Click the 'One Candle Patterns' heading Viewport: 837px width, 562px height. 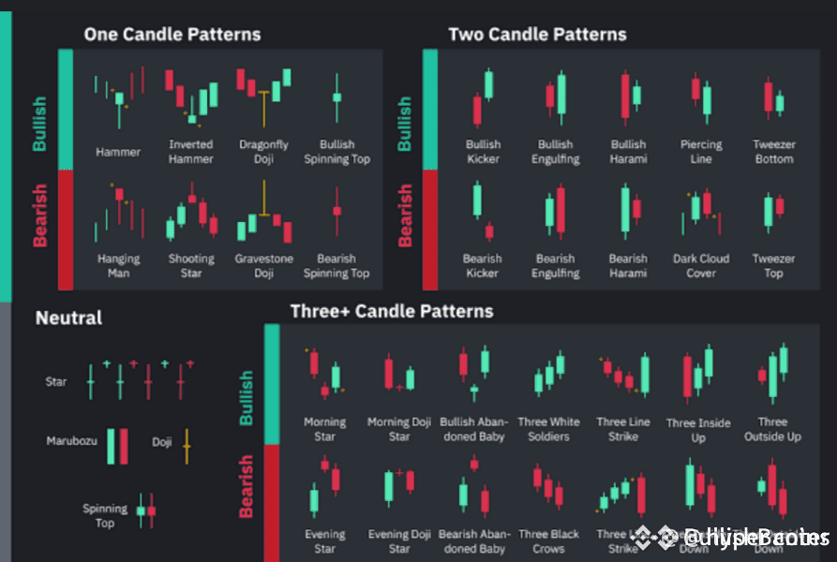(x=172, y=35)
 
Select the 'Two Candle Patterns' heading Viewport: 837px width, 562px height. (x=537, y=35)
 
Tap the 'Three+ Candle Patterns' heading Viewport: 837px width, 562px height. (x=392, y=310)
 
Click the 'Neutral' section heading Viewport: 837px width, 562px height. (x=68, y=318)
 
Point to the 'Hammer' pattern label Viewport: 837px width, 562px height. (x=118, y=152)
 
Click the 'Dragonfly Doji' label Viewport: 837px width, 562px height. (x=263, y=152)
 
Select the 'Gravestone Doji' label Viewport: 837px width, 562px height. (x=263, y=266)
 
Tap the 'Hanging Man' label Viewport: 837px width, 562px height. (x=118, y=266)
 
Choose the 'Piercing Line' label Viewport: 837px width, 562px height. (x=701, y=152)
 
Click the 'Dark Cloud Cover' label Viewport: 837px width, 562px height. (x=701, y=266)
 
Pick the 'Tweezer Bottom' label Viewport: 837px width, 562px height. (x=773, y=152)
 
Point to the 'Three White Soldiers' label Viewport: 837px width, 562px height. (x=548, y=429)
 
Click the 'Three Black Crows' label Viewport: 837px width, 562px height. (x=548, y=541)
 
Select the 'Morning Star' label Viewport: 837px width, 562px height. (x=324, y=429)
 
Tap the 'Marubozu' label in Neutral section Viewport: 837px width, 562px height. (x=72, y=440)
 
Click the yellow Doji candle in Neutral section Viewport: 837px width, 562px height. (x=187, y=446)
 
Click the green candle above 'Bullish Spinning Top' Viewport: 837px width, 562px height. (x=336, y=96)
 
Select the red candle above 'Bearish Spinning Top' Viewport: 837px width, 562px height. (x=336, y=210)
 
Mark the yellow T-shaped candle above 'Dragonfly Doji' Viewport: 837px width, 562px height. (x=265, y=97)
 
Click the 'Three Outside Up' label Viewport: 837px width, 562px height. (x=772, y=429)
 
